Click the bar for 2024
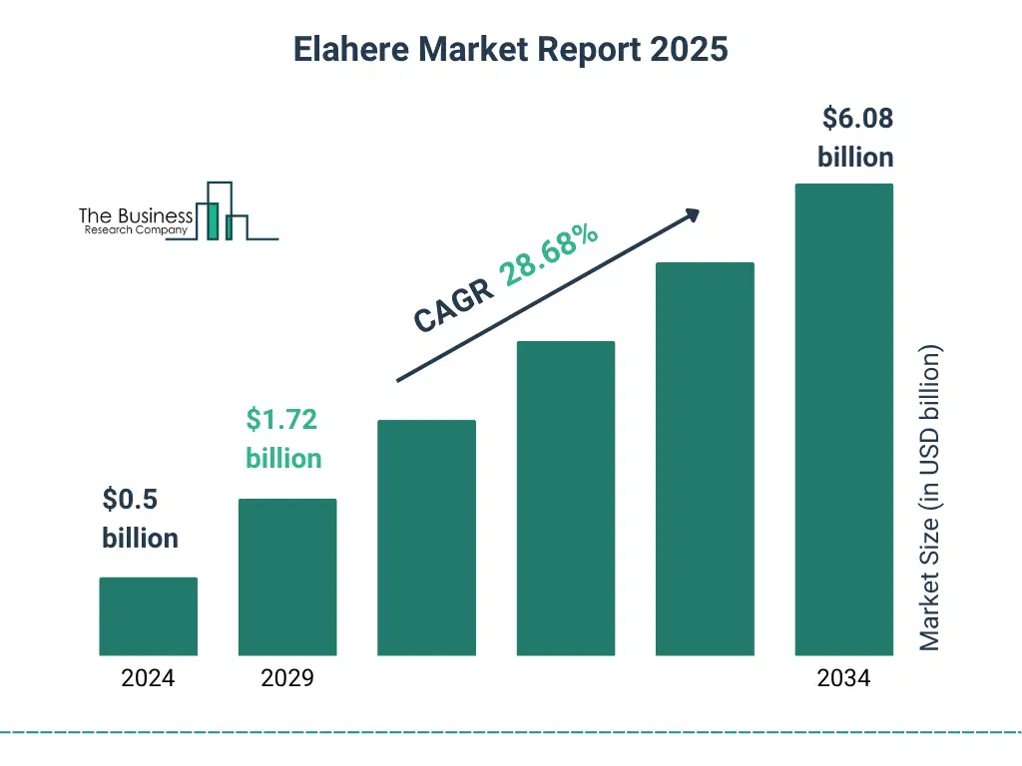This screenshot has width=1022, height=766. (149, 616)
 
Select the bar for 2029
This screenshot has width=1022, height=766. (287, 576)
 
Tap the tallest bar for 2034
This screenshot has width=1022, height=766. (843, 419)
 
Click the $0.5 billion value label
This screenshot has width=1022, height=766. (140, 519)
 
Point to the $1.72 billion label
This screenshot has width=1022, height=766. (283, 439)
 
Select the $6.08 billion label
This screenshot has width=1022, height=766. (856, 138)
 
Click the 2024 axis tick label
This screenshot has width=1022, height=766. (148, 679)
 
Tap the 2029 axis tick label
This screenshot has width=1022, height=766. (287, 679)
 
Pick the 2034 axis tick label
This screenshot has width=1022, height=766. (843, 679)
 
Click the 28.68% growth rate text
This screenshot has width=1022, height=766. (549, 255)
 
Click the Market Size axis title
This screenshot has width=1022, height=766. (930, 499)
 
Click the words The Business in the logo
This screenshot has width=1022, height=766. (136, 216)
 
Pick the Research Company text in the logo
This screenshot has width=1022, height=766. (136, 230)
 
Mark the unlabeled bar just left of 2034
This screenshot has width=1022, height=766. (705, 459)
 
